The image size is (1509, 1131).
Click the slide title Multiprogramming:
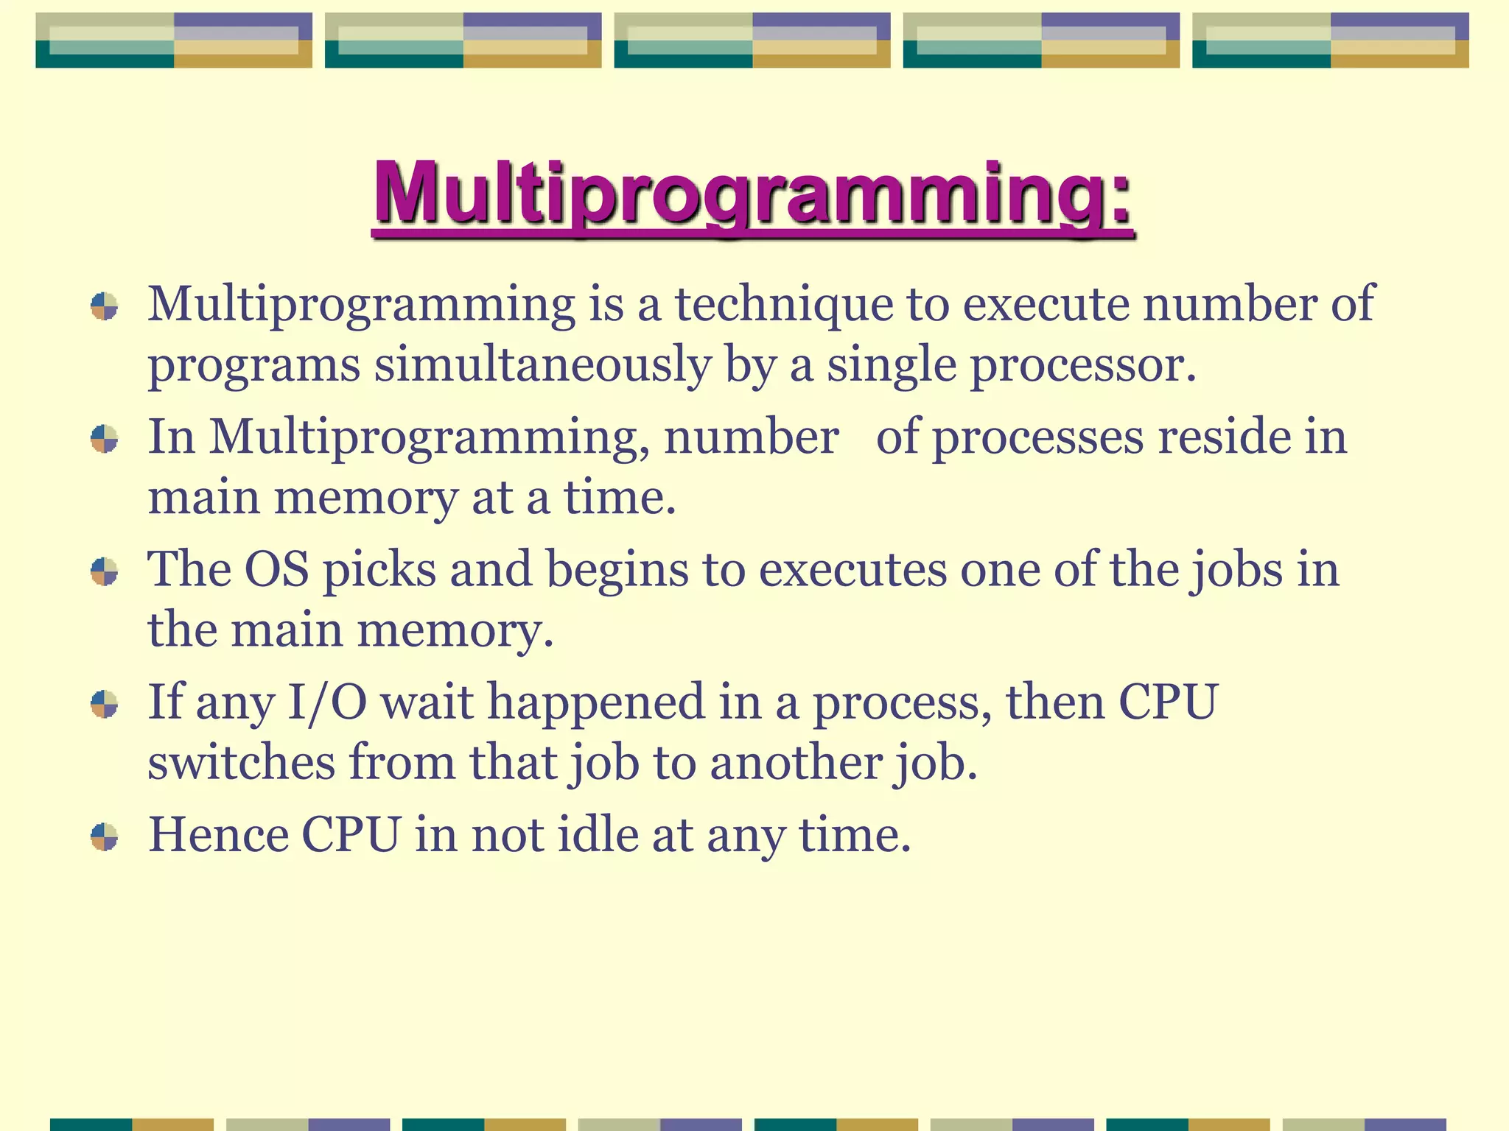coord(752,194)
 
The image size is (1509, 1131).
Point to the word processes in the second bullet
coord(1037,437)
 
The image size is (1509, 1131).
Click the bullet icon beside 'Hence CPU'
coord(105,836)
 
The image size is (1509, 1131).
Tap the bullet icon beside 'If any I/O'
coord(105,704)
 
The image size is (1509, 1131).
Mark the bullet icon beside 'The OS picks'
coord(105,571)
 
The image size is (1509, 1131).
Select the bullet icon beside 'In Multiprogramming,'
coord(105,439)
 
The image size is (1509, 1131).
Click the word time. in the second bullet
coord(620,498)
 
